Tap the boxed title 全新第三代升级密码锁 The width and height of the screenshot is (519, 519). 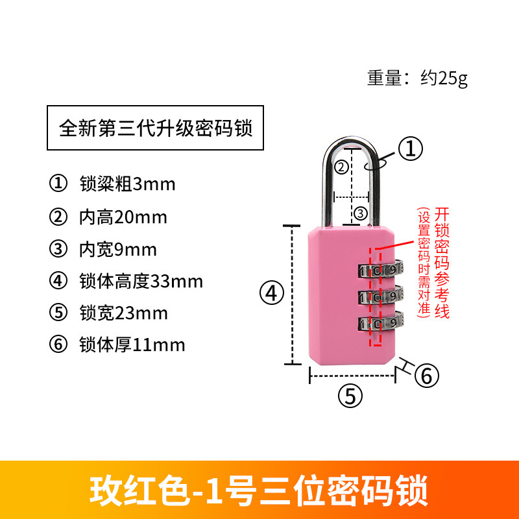coord(156,127)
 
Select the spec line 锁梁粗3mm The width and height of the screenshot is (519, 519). coord(127,184)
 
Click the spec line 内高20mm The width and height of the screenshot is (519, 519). coord(123,217)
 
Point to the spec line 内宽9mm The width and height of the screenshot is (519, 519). coord(117,249)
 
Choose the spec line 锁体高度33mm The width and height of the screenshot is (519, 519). coord(141,282)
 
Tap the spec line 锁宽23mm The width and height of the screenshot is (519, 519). coord(123,313)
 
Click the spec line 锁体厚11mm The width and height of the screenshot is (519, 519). coord(132,344)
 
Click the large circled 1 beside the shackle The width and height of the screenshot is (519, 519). coord(410,149)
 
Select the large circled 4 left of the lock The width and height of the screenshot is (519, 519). coord(272,293)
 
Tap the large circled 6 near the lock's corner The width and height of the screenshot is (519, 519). coord(426,375)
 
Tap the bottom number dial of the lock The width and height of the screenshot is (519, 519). coord(380,323)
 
